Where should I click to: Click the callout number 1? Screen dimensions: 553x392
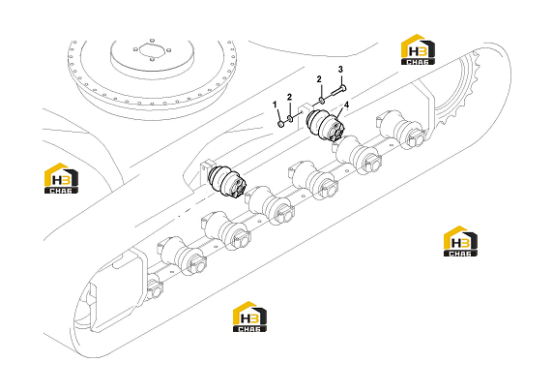[275, 105]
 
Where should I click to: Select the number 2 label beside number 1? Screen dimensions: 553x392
[289, 97]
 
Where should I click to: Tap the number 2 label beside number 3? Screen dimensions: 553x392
[319, 79]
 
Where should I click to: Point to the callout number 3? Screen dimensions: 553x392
[340, 70]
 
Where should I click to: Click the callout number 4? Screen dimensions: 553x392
[347, 105]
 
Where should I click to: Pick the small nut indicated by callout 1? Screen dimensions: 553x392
[281, 124]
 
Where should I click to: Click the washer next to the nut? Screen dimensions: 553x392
[290, 119]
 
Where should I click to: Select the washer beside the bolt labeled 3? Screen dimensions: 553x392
[322, 102]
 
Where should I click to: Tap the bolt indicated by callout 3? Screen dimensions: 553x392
[339, 90]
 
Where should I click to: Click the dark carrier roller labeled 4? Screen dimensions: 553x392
[326, 126]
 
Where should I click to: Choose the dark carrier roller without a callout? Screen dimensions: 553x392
[227, 181]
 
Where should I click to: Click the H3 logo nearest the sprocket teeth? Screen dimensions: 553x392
[418, 49]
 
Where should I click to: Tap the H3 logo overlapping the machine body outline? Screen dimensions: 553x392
[61, 178]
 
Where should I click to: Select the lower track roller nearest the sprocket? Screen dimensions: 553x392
[400, 130]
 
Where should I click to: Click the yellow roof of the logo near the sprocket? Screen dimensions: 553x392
[416, 39]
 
